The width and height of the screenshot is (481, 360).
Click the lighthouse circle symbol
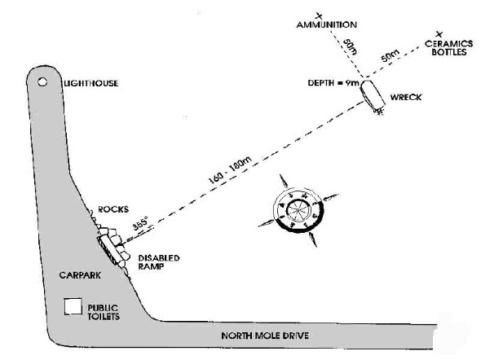[42, 81]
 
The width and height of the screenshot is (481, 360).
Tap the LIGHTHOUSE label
[90, 83]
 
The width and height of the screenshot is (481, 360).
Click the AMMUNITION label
[327, 24]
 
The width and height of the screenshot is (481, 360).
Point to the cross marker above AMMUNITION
[319, 16]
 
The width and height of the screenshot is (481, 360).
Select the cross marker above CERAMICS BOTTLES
[439, 34]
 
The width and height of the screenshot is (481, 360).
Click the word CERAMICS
[448, 43]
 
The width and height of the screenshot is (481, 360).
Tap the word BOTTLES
[449, 52]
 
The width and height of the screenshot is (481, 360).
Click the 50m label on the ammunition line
[350, 47]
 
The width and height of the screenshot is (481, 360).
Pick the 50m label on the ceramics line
[391, 55]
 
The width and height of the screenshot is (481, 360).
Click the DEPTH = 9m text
[333, 83]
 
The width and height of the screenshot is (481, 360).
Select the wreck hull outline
[372, 95]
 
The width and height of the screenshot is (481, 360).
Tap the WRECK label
[406, 98]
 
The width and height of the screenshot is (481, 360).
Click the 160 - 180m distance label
[230, 170]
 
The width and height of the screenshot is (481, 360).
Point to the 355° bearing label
[140, 223]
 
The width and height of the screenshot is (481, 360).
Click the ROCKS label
[113, 209]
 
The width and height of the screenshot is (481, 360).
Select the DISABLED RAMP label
[159, 262]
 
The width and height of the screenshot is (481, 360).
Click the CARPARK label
[80, 275]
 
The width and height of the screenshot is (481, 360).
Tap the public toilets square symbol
[73, 306]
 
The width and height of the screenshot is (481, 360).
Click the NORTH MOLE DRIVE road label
[265, 336]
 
